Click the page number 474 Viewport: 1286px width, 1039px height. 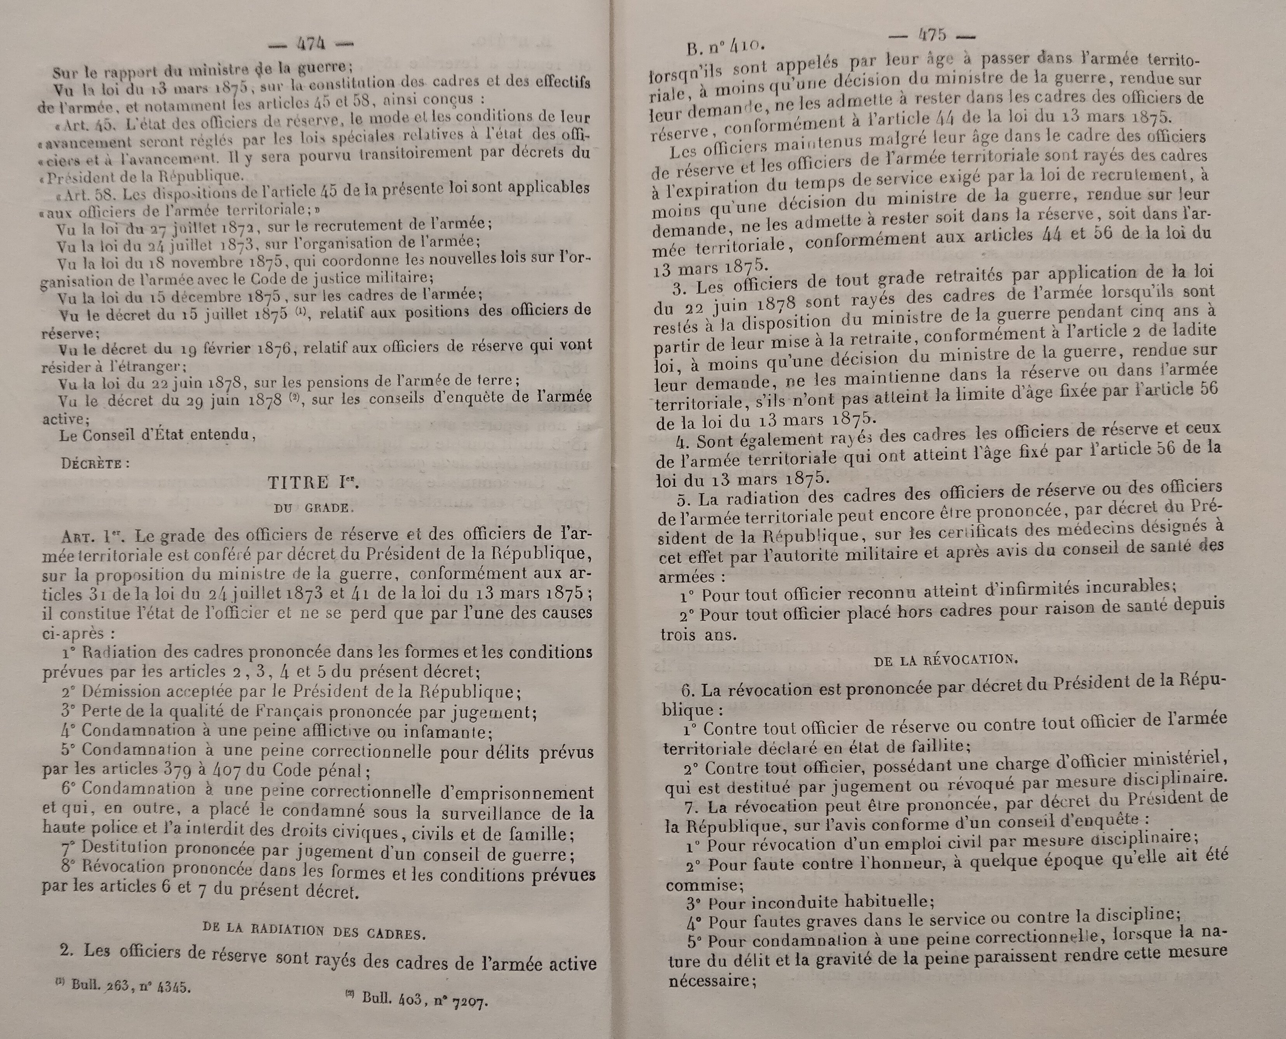[310, 44]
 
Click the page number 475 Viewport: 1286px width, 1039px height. [932, 35]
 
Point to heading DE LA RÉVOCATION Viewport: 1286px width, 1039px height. [945, 660]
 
